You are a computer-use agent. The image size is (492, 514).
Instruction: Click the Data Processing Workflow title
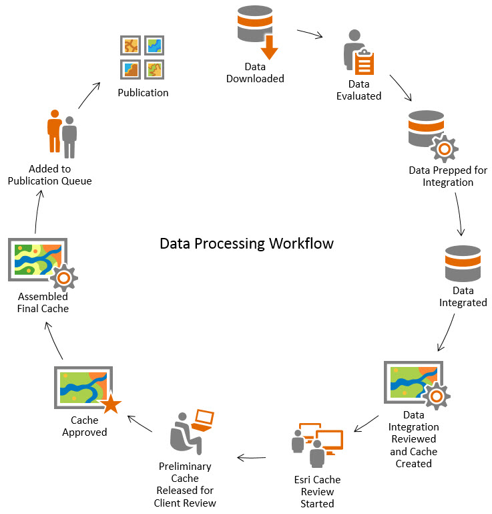(x=246, y=243)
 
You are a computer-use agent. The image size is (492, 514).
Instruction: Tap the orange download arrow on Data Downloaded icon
(x=269, y=47)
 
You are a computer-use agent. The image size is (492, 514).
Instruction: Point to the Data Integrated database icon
(x=463, y=263)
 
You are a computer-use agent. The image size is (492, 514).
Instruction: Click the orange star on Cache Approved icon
(x=110, y=404)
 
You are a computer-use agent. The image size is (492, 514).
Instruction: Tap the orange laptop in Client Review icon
(x=202, y=420)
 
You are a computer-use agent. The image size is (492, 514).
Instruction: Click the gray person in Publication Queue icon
(x=69, y=137)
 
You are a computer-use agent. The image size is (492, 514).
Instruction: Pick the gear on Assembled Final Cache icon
(x=64, y=276)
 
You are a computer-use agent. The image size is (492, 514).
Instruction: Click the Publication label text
(x=143, y=92)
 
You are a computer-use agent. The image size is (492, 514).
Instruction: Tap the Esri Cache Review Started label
(x=318, y=491)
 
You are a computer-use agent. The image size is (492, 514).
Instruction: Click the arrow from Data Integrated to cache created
(x=448, y=332)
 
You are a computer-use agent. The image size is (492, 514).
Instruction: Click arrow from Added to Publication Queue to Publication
(x=89, y=95)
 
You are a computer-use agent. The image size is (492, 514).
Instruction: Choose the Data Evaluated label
(x=364, y=90)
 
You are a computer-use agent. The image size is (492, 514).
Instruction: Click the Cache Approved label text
(x=85, y=426)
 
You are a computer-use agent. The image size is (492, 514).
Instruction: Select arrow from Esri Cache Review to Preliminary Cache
(x=252, y=459)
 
